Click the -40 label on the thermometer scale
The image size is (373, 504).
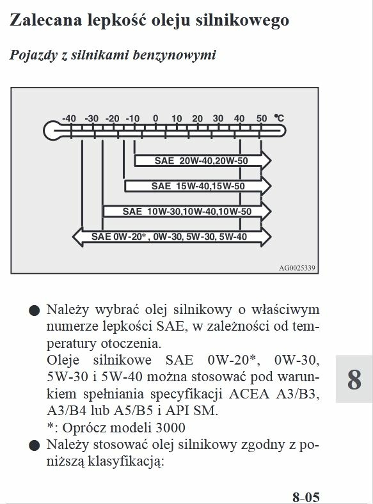click(x=69, y=118)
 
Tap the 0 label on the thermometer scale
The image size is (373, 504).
click(x=155, y=118)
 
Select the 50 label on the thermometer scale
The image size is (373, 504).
click(x=262, y=118)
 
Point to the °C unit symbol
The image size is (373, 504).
click(x=279, y=118)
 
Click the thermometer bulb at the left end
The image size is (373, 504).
click(x=52, y=130)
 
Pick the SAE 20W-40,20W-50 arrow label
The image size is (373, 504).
click(x=202, y=161)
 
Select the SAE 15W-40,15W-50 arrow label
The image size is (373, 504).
click(x=198, y=186)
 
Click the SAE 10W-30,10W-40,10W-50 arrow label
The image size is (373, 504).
click(x=187, y=212)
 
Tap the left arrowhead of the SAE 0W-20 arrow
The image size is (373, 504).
click(x=78, y=237)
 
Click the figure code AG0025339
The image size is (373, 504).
click(x=297, y=268)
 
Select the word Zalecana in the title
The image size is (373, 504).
click(x=46, y=20)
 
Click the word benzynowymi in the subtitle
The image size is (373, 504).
click(x=174, y=55)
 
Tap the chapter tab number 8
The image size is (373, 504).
click(x=354, y=379)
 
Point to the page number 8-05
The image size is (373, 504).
click(x=306, y=497)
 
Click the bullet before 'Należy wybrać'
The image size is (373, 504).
click(x=34, y=311)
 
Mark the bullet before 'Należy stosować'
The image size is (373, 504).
click(x=34, y=446)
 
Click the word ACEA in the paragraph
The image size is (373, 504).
click(x=249, y=394)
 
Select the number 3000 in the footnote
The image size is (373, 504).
click(x=170, y=428)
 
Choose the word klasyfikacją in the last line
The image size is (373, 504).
click(x=126, y=462)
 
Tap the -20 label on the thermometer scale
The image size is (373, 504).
click(x=112, y=118)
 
